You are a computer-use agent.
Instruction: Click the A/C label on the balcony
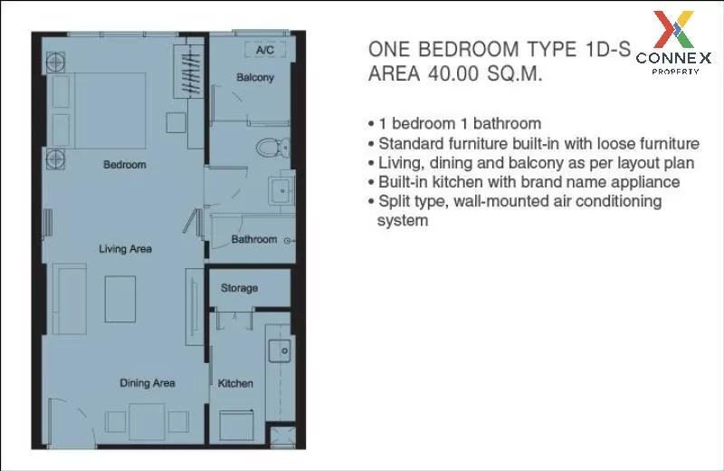pyautogui.click(x=265, y=50)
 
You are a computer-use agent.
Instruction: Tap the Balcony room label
pyautogui.click(x=255, y=78)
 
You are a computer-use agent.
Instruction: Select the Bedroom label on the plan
pyautogui.click(x=125, y=165)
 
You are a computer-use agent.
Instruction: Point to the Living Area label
pyautogui.click(x=125, y=249)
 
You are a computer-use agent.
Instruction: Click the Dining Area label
pyautogui.click(x=148, y=383)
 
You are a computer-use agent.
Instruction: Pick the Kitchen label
pyautogui.click(x=235, y=383)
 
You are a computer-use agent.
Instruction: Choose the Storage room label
pyautogui.click(x=239, y=288)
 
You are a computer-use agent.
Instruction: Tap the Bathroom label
pyautogui.click(x=254, y=239)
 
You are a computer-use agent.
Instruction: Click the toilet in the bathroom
pyautogui.click(x=273, y=148)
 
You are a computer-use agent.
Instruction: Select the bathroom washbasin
pyautogui.click(x=281, y=189)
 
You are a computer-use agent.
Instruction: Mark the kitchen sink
pyautogui.click(x=280, y=351)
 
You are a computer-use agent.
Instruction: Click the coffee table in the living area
pyautogui.click(x=120, y=299)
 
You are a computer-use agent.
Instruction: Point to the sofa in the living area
pyautogui.click(x=70, y=299)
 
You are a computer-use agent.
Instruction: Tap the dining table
pyautogui.click(x=147, y=421)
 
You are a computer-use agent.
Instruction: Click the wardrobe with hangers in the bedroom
pyautogui.click(x=188, y=72)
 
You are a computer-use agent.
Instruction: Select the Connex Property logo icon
pyautogui.click(x=673, y=30)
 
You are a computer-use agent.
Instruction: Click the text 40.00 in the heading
pyautogui.click(x=455, y=73)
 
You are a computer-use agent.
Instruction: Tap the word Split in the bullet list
pyautogui.click(x=395, y=201)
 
